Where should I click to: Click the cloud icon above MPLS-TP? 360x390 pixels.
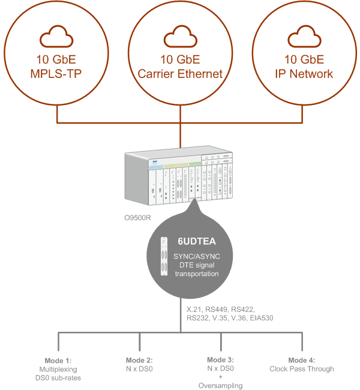tap(58, 37)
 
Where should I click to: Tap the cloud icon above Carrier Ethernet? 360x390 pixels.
tap(180, 37)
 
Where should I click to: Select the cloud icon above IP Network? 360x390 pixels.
tap(304, 37)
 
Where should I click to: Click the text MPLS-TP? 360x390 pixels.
tap(58, 74)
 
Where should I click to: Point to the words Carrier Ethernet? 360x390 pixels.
tap(180, 74)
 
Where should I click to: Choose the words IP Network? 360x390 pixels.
tap(304, 74)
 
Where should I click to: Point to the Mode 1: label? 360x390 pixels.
tap(58, 360)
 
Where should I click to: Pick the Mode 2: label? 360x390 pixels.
tap(139, 360)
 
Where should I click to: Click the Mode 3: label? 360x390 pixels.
tap(220, 360)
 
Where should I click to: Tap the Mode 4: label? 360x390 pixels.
tap(301, 360)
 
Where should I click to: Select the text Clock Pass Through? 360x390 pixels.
tap(301, 369)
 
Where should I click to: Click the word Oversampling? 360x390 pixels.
tap(220, 386)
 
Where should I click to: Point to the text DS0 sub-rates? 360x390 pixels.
tap(58, 377)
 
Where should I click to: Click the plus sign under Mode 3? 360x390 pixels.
tap(220, 377)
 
